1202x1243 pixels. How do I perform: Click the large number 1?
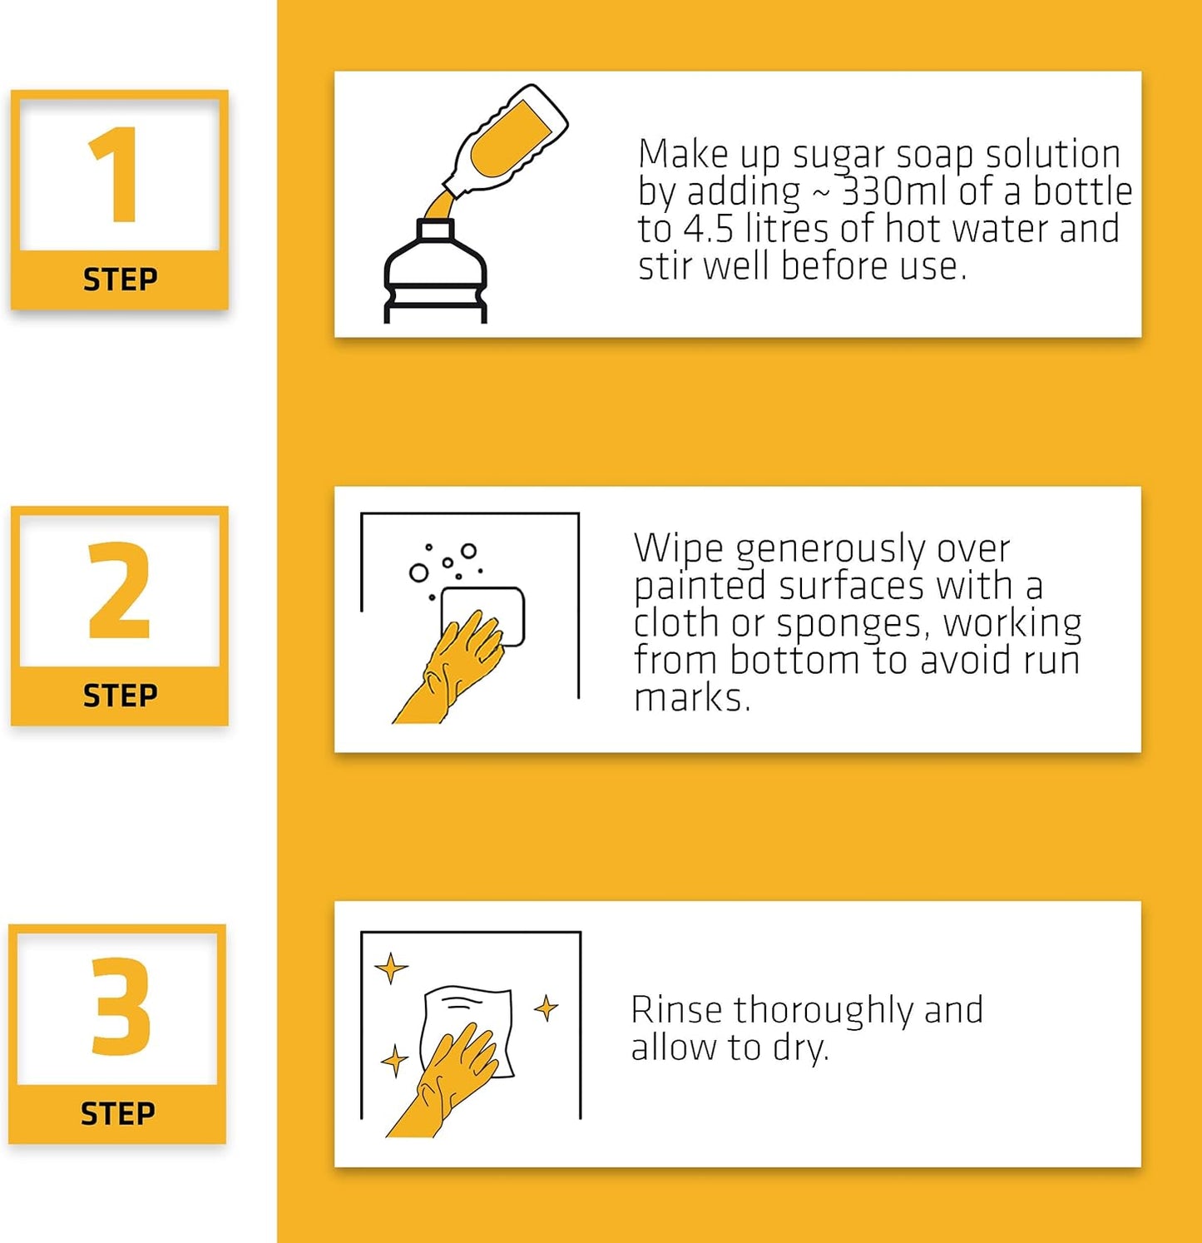click(115, 176)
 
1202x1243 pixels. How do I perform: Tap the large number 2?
click(119, 590)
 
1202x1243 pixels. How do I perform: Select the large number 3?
click(121, 1006)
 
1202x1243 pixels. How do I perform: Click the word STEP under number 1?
click(120, 280)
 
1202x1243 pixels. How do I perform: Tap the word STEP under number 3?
click(117, 1113)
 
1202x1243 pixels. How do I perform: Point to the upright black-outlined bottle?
click(435, 270)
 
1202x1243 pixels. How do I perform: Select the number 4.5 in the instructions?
click(709, 229)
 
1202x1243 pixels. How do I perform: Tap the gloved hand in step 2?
click(450, 668)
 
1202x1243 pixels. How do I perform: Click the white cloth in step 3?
click(467, 1030)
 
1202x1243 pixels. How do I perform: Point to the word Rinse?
click(676, 1010)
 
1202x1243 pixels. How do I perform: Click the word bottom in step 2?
click(794, 660)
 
